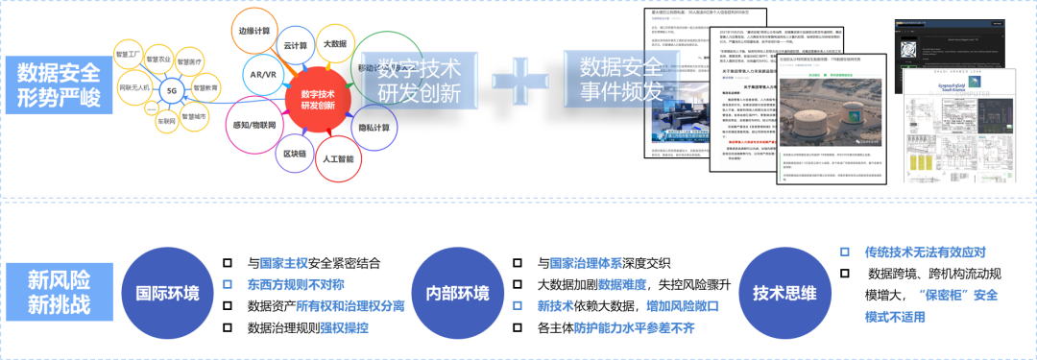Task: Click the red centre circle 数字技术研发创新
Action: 318,100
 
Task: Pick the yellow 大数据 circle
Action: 334,43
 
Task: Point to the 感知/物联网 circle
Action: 254,126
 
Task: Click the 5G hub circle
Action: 172,90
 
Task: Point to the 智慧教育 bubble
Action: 205,88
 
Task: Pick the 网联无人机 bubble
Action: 133,87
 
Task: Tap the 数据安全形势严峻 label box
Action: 58,84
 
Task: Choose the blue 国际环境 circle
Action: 168,293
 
